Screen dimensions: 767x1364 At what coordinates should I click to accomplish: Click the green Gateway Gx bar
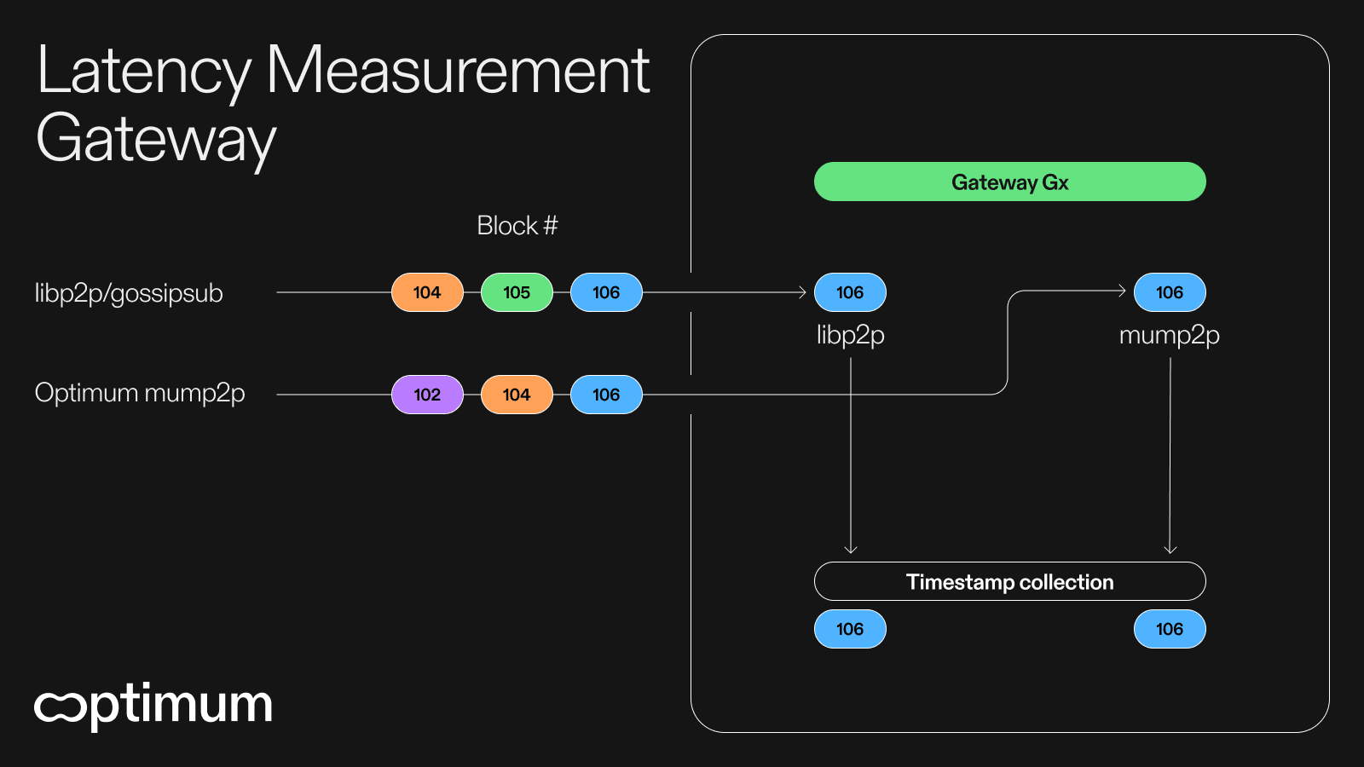1009,182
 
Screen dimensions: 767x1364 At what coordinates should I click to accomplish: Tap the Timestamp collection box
1009,581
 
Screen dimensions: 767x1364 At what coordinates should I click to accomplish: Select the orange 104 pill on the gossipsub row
427,292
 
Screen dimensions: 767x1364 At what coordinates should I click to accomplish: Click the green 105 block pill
517,292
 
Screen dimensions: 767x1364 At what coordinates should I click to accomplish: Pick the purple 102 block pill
427,395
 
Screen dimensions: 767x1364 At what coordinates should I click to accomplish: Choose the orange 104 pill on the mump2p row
517,395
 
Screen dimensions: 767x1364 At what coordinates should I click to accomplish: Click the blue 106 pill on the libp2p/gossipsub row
606,292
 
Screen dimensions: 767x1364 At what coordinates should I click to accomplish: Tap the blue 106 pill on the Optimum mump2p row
606,395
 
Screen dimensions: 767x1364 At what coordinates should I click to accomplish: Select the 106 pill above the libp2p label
850,292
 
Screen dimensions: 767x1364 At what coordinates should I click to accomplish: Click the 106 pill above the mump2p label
1170,292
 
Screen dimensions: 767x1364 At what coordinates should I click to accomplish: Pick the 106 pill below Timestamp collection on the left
850,629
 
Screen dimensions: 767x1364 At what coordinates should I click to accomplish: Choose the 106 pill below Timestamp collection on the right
1170,629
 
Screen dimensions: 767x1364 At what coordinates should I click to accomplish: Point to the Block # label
517,226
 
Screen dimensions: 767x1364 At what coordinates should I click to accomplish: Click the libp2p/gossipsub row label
129,293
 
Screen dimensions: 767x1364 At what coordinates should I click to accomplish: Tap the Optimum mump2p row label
140,393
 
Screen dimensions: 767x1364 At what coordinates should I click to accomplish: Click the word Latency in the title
143,72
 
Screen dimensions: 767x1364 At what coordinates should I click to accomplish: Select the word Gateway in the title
156,140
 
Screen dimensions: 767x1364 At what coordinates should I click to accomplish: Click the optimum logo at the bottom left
153,706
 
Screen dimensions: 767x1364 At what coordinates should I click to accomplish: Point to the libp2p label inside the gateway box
850,335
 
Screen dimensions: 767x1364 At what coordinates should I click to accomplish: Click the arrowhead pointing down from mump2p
1170,550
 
